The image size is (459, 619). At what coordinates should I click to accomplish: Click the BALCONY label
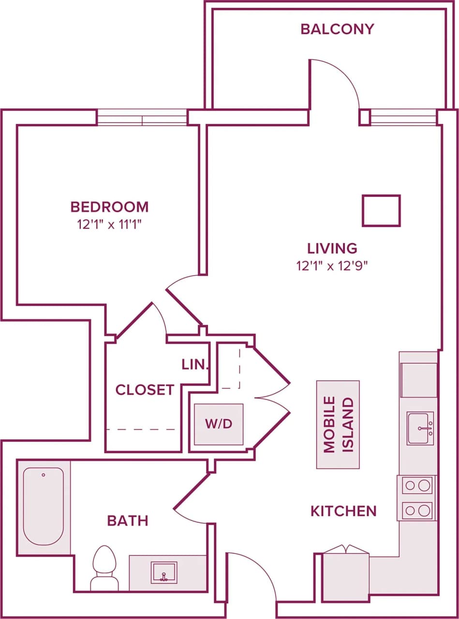[337, 29]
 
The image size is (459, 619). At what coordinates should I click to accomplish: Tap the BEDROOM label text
[109, 207]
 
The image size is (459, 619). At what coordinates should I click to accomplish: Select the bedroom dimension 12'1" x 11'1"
[109, 224]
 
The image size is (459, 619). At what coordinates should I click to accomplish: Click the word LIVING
[332, 248]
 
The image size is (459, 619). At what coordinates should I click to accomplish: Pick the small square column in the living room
[381, 210]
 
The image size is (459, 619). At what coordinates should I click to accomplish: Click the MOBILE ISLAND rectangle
[338, 424]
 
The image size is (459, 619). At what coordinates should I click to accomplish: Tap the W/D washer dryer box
[219, 424]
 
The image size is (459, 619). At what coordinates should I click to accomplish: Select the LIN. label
[195, 365]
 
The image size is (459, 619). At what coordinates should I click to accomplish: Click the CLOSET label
[145, 390]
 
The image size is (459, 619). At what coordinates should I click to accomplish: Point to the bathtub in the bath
[44, 505]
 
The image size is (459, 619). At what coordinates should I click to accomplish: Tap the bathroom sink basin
[164, 572]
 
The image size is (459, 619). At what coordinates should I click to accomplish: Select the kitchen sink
[420, 428]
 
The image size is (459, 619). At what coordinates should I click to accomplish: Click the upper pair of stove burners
[417, 485]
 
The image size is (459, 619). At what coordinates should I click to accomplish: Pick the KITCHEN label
[343, 511]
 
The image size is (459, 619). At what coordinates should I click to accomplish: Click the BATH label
[127, 521]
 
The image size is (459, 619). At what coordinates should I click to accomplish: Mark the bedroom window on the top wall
[142, 118]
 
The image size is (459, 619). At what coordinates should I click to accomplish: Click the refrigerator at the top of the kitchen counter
[418, 380]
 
